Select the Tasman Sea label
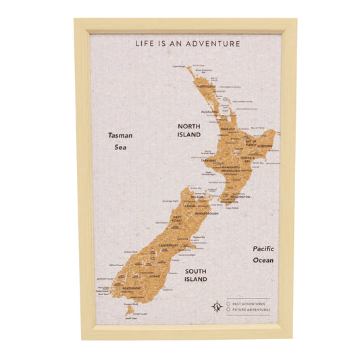click(x=120, y=140)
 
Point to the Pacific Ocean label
click(x=263, y=254)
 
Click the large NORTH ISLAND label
click(x=189, y=130)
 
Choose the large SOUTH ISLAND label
click(x=196, y=274)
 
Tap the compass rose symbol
click(x=217, y=307)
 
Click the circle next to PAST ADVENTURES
click(x=228, y=303)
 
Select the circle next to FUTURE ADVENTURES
click(x=228, y=310)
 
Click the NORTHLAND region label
click(x=207, y=86)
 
